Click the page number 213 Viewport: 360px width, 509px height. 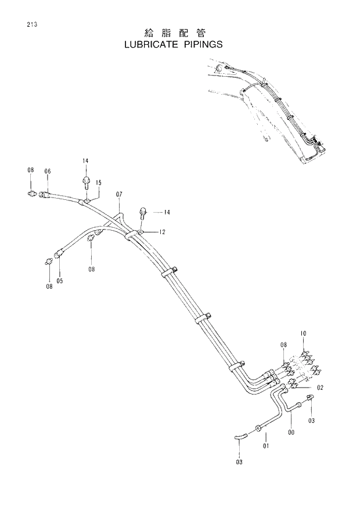(x=31, y=24)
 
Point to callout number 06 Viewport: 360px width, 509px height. (x=48, y=171)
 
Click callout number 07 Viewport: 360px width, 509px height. (x=119, y=193)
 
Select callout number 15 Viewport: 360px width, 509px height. (x=99, y=182)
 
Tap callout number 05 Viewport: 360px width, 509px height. (x=59, y=281)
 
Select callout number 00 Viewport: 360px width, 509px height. (x=291, y=432)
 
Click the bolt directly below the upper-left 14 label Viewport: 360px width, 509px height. (x=85, y=181)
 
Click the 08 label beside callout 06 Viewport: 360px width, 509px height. (x=30, y=170)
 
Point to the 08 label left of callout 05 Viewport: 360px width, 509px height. (x=49, y=286)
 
